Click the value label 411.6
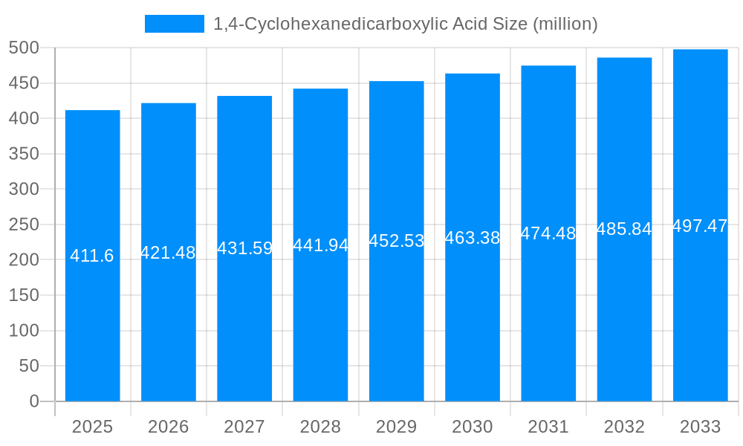click(92, 256)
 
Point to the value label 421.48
click(168, 253)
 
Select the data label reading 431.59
click(244, 248)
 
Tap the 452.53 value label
click(397, 241)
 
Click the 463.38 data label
click(473, 238)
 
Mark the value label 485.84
click(624, 229)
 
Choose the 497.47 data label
click(700, 226)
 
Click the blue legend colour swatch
click(174, 24)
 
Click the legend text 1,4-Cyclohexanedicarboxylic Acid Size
click(405, 24)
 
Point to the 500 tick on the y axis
click(24, 48)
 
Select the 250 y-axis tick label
click(24, 224)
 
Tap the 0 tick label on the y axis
click(33, 401)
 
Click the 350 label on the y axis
click(24, 154)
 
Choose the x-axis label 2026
click(168, 427)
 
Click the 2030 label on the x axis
click(473, 427)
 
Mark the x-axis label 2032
click(624, 427)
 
